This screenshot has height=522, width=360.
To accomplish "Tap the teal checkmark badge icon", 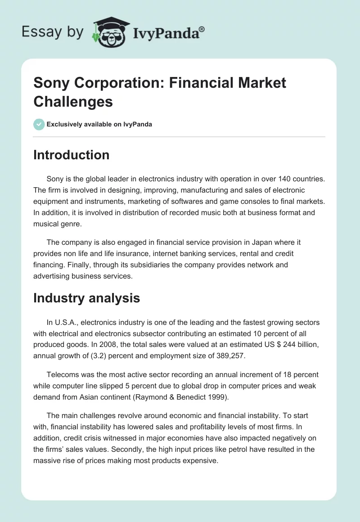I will point(39,124).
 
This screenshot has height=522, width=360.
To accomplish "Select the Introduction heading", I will point(71,155).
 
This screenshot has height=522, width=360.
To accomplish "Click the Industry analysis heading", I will point(86,298).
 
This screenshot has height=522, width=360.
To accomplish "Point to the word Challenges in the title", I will point(73,102).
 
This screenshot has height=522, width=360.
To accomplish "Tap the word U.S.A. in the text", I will point(67,322).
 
